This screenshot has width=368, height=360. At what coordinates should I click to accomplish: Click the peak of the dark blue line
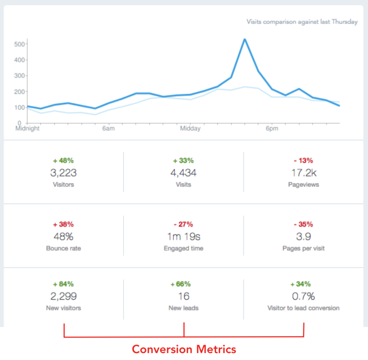[244, 40]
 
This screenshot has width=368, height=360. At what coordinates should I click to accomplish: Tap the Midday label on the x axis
[190, 129]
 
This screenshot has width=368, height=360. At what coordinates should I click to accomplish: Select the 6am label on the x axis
[108, 129]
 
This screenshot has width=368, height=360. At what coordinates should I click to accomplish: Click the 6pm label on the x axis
[272, 129]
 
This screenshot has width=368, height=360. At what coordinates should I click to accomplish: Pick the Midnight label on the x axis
[28, 129]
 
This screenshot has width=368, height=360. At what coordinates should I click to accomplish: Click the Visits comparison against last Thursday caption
[302, 22]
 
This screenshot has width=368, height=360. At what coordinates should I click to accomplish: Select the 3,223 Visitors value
[63, 173]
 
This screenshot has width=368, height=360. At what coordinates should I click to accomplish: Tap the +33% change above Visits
[183, 160]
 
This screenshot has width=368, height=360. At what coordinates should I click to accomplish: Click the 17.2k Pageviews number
[304, 173]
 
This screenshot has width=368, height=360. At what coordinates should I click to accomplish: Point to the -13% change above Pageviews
[304, 160]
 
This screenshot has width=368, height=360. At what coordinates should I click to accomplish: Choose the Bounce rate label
[63, 248]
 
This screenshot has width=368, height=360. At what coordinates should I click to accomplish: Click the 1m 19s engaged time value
[183, 236]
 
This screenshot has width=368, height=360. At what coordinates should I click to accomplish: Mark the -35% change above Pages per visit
[304, 224]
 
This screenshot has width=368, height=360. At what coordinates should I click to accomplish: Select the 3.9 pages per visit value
[304, 236]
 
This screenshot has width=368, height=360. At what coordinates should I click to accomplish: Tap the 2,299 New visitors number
[63, 296]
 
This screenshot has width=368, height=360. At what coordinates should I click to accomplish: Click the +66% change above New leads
[183, 284]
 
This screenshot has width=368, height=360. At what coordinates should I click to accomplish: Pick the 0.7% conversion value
[304, 296]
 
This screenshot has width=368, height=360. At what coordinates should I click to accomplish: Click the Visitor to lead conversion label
[304, 308]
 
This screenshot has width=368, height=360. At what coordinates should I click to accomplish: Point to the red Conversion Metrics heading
[184, 349]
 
